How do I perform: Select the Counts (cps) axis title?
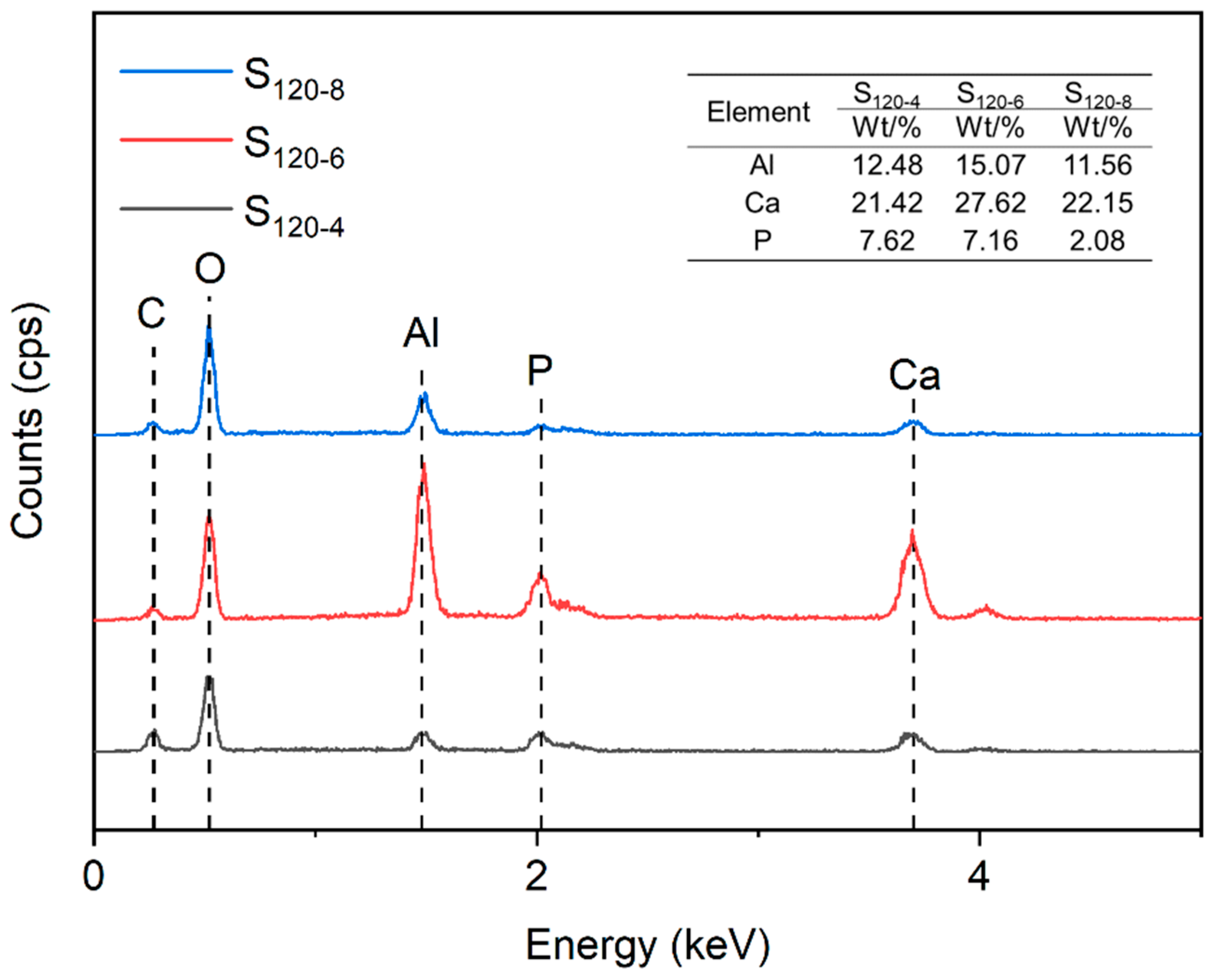point(28,421)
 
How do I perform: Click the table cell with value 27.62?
point(990,203)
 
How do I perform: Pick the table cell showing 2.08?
point(1097,240)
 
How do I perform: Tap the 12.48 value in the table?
point(887,165)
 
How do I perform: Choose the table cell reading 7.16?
point(990,240)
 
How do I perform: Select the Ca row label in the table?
point(762,203)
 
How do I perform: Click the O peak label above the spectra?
point(210,269)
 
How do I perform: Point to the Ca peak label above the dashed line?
point(914,376)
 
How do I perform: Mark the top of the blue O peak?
point(209,329)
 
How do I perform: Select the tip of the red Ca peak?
point(912,532)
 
